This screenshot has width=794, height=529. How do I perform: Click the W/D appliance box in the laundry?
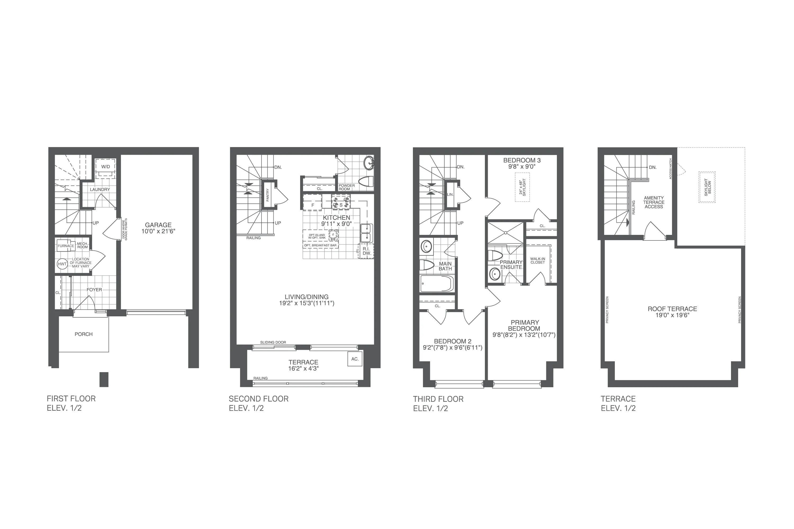(105, 167)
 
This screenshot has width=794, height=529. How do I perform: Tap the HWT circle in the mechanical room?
(62, 264)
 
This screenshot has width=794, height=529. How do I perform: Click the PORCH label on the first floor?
(84, 334)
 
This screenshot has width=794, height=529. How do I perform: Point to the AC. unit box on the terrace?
(355, 359)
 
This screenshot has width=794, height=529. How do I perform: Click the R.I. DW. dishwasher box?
(366, 251)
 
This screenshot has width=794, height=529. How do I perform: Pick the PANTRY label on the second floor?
(268, 195)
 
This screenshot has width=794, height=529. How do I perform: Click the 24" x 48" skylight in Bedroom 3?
(522, 187)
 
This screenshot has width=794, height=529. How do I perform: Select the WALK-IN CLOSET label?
(538, 261)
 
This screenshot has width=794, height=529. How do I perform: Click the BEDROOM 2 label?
(452, 341)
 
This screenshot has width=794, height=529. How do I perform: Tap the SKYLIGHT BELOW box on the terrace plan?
(707, 187)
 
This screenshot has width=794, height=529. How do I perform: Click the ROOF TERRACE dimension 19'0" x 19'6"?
(672, 315)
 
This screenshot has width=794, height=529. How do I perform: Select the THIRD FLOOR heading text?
(438, 399)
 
